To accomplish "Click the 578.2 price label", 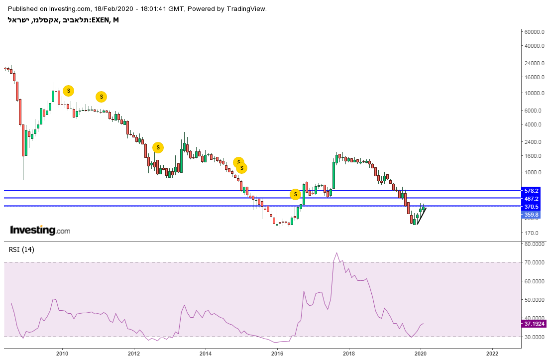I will click(x=532, y=190).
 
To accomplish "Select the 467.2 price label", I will click(x=532, y=198).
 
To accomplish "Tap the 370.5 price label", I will click(x=532, y=206).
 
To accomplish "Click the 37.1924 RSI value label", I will click(x=534, y=324).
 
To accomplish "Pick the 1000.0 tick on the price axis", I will click(x=532, y=172).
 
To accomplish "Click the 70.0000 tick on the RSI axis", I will click(x=534, y=262).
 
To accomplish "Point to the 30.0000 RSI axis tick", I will click(x=534, y=337).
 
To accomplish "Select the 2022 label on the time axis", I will click(x=492, y=353).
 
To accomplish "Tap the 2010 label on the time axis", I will click(x=62, y=353).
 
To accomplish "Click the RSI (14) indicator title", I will click(x=21, y=249).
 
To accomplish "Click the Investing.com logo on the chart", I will click(x=40, y=231).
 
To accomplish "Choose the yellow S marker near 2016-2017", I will click(x=295, y=194).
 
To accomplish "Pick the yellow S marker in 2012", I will click(x=158, y=147).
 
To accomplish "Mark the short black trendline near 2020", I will click(x=422, y=216).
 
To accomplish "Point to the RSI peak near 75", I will click(x=336, y=253).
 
